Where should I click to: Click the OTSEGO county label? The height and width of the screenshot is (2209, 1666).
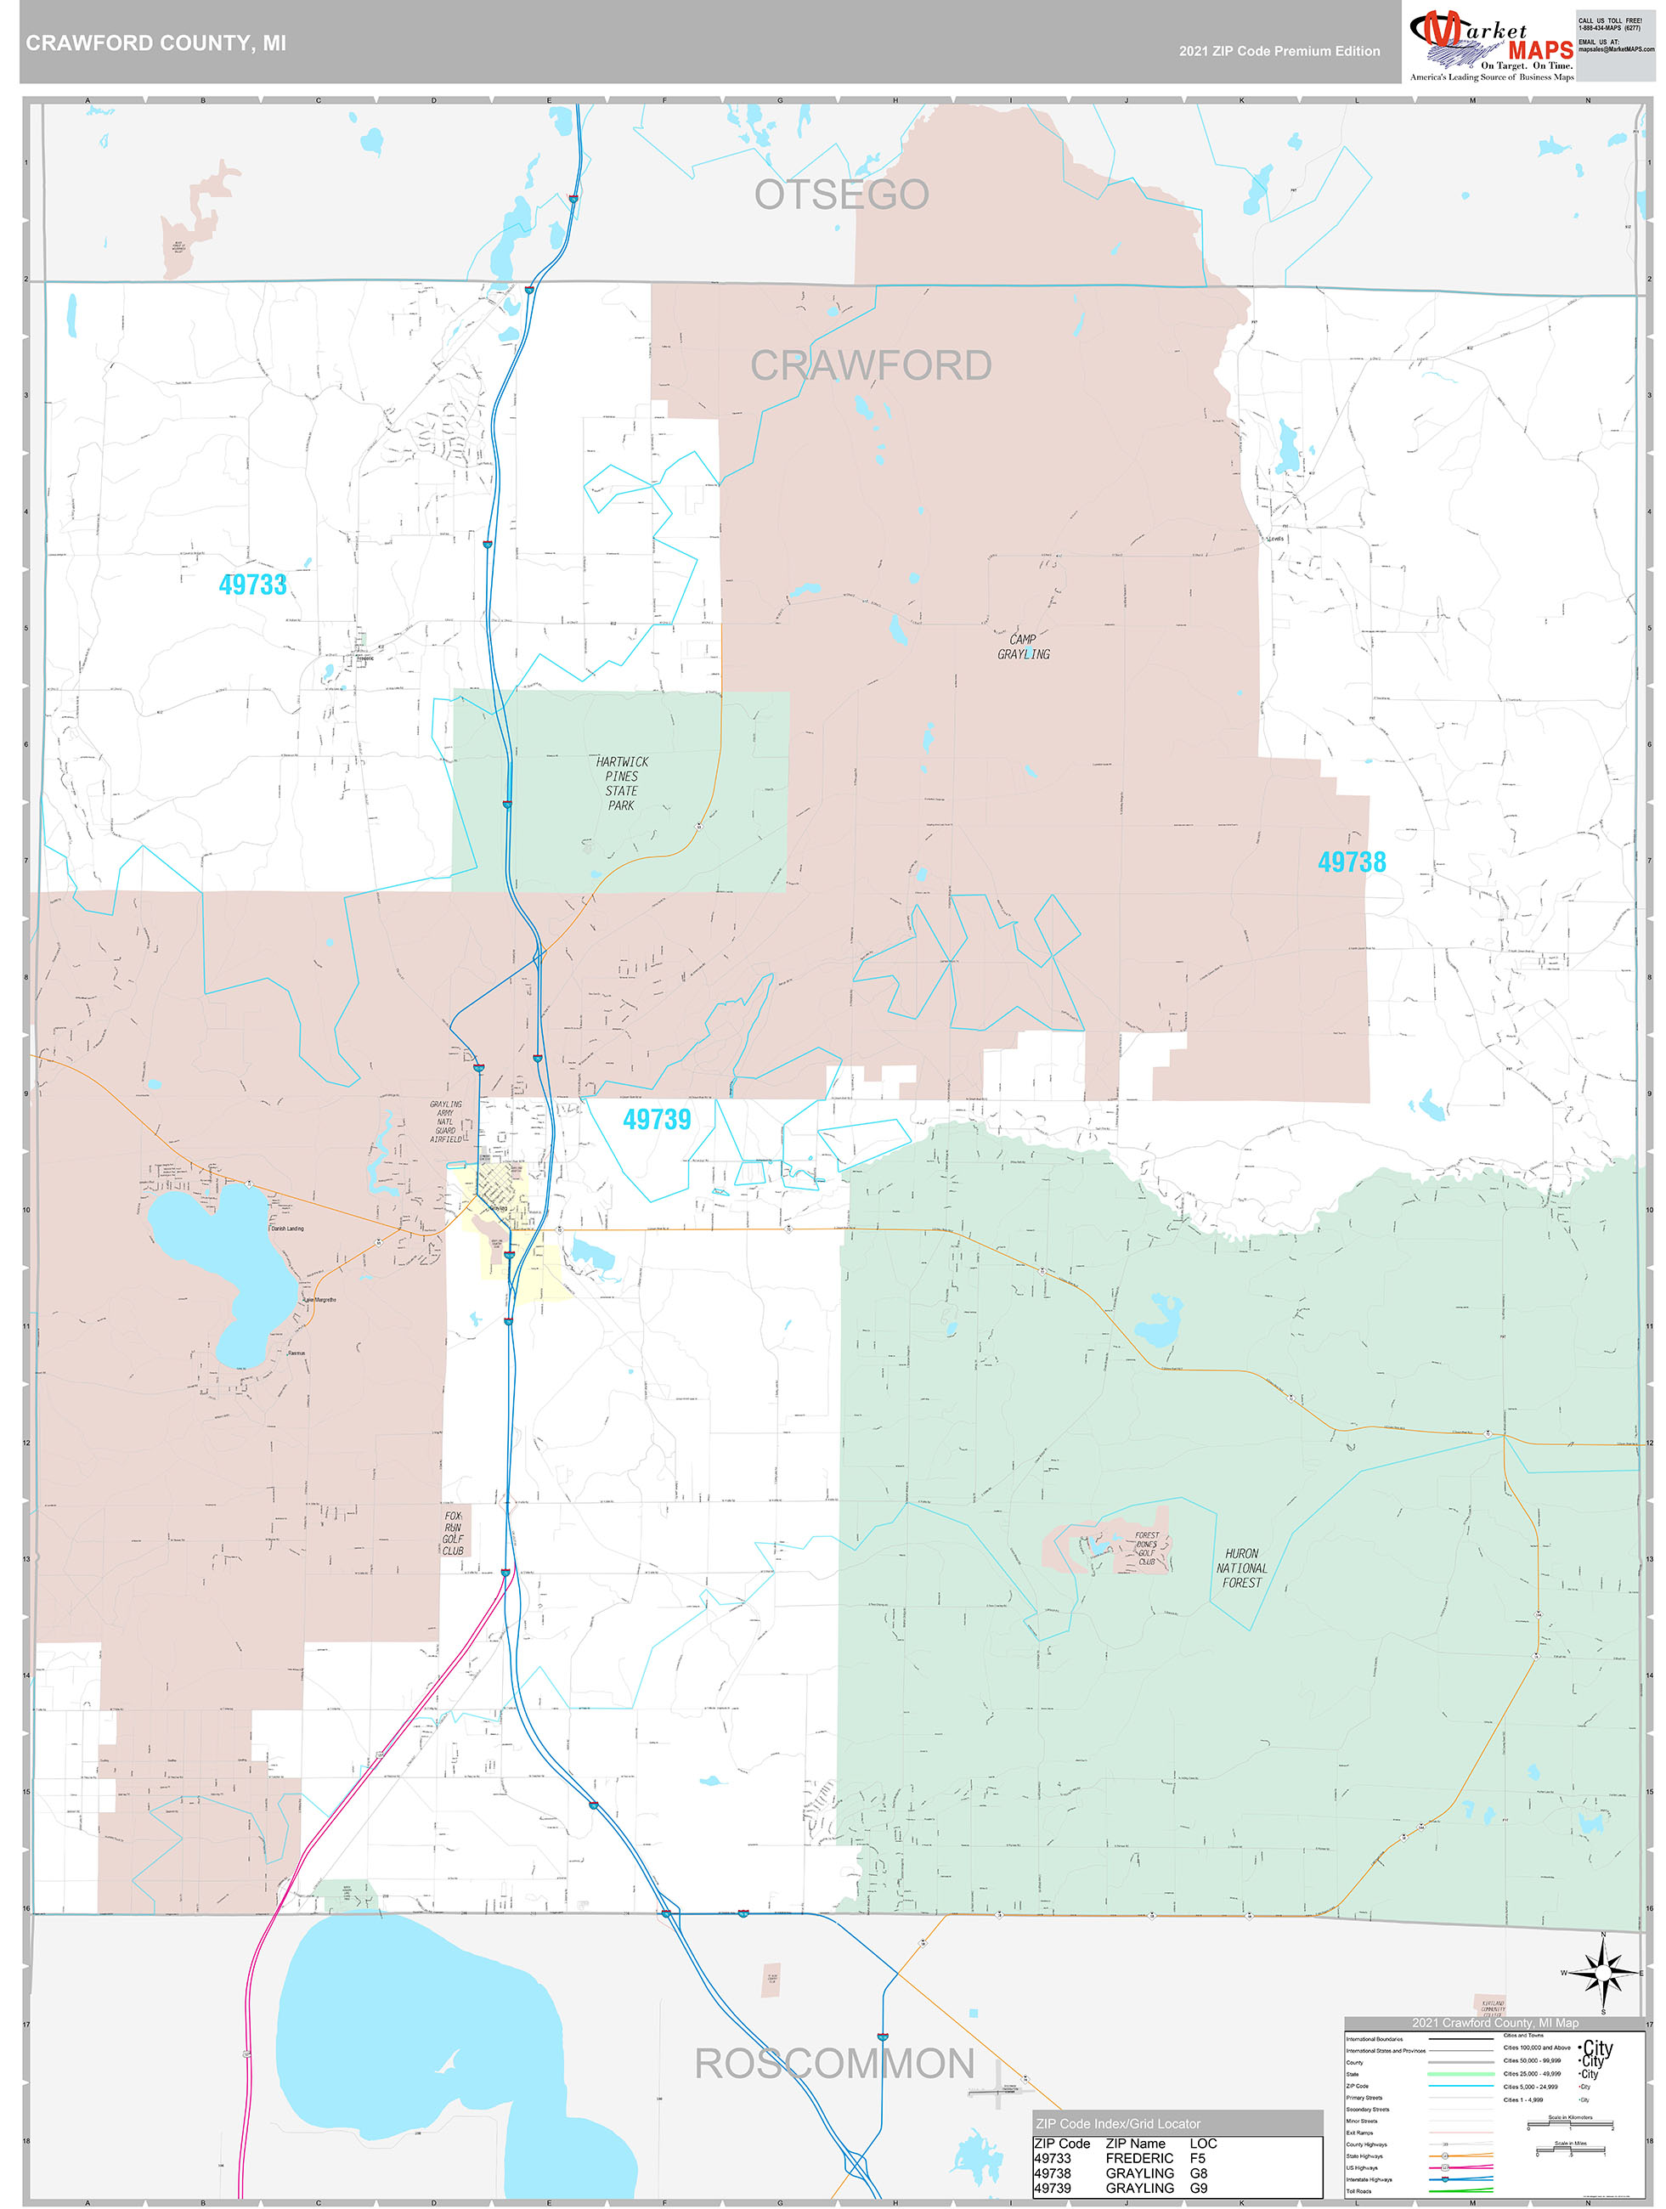tap(841, 195)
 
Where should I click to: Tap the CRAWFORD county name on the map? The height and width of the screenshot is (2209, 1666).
tap(871, 365)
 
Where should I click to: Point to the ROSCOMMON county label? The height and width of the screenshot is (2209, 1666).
tap(834, 2063)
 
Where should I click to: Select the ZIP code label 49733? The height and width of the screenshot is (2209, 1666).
tap(252, 585)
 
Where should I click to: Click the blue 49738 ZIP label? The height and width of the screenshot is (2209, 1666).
tap(1352, 862)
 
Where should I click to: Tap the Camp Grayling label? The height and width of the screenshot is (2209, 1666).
tap(1023, 646)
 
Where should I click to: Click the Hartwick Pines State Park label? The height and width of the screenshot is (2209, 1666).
tap(621, 783)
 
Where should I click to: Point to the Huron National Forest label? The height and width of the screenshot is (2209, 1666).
tap(1240, 1568)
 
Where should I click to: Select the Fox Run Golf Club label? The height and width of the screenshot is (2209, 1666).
tap(453, 1533)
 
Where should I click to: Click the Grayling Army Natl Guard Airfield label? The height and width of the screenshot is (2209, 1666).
tap(445, 1121)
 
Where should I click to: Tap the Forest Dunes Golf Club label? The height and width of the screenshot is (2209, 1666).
tap(1147, 1548)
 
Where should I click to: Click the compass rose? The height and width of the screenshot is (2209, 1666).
tap(1603, 1972)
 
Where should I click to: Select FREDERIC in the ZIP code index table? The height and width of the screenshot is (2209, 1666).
tap(1138, 2158)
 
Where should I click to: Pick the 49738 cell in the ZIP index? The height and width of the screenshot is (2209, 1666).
tap(1052, 2173)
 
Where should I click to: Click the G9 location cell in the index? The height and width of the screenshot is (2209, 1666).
tap(1198, 2188)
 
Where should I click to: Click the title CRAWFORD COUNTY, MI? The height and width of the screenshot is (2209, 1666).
tap(155, 43)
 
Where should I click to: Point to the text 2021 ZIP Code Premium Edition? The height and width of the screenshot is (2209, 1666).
tap(1279, 51)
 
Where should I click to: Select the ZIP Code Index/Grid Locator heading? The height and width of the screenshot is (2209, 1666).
tap(1118, 2123)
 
